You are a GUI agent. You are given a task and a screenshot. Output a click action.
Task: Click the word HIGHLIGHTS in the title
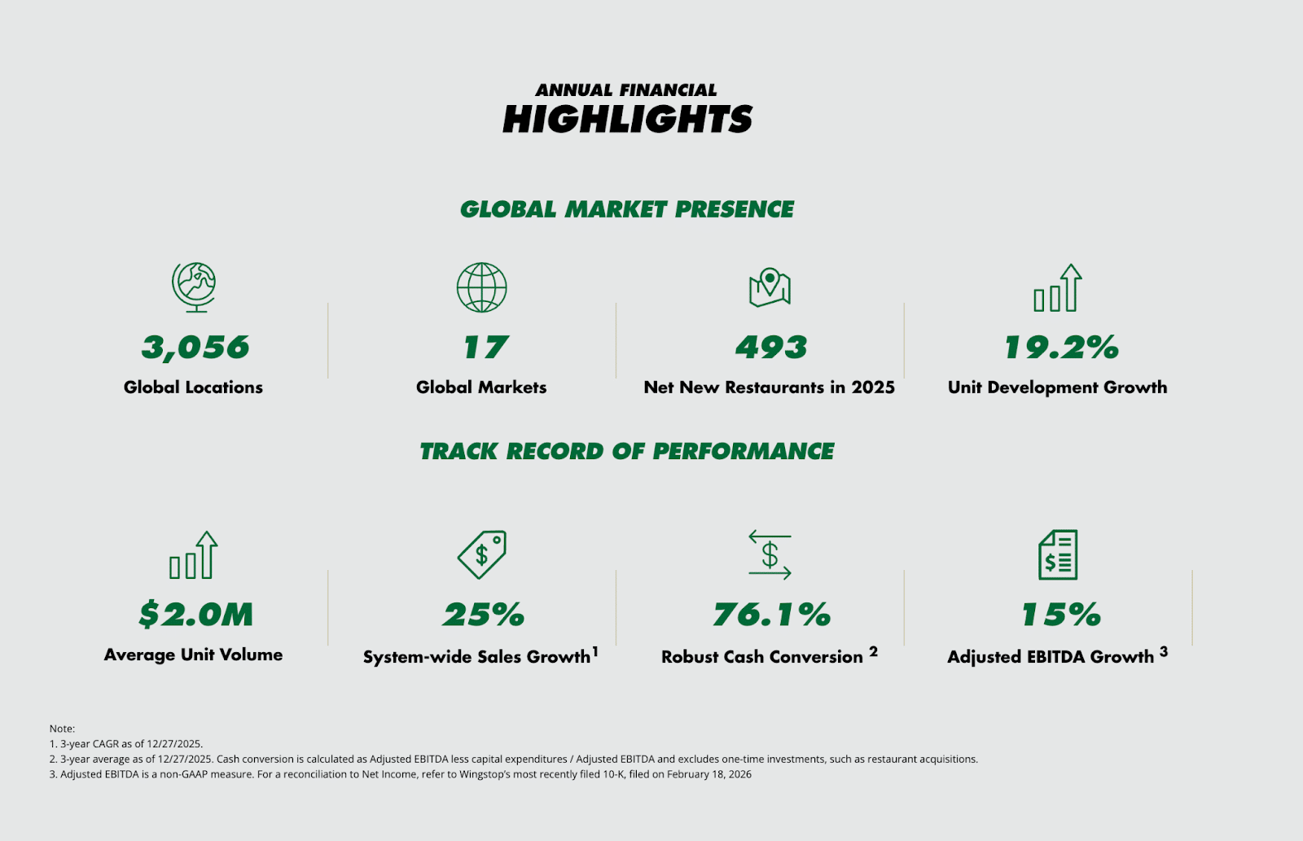pyautogui.click(x=627, y=120)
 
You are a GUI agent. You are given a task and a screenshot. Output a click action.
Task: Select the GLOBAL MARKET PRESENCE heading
pyautogui.click(x=627, y=209)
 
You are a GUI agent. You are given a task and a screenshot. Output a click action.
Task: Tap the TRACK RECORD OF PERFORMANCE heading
pyautogui.click(x=627, y=451)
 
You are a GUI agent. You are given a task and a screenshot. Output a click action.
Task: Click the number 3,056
pyautogui.click(x=195, y=348)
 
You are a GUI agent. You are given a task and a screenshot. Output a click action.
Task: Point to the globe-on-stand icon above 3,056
pyautogui.click(x=194, y=287)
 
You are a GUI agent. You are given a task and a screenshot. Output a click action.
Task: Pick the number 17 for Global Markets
pyautogui.click(x=485, y=348)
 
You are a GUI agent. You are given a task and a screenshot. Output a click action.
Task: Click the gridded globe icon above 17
pyautogui.click(x=481, y=287)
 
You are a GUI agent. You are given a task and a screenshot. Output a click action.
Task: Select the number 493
pyautogui.click(x=770, y=348)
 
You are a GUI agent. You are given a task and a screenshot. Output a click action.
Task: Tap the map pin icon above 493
pyautogui.click(x=770, y=287)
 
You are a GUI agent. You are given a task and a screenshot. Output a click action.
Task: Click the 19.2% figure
pyautogui.click(x=1061, y=348)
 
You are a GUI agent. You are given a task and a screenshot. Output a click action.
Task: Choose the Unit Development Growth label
pyautogui.click(x=1057, y=388)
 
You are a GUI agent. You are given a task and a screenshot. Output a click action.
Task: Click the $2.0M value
pyautogui.click(x=195, y=615)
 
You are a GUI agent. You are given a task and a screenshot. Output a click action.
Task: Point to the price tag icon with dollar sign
pyautogui.click(x=482, y=554)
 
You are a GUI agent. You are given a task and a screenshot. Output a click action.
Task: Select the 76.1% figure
pyautogui.click(x=771, y=615)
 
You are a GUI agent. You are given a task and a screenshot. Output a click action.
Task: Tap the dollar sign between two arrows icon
pyautogui.click(x=770, y=555)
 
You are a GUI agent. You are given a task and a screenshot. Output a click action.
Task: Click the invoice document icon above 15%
pyautogui.click(x=1058, y=554)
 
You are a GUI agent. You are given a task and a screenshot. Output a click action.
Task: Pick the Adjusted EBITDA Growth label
pyautogui.click(x=1051, y=657)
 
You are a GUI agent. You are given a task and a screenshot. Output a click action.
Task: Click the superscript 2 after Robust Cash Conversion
pyautogui.click(x=873, y=651)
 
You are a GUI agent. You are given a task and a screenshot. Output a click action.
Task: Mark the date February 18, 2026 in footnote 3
pyautogui.click(x=709, y=774)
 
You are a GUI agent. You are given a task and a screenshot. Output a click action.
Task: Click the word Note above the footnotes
pyautogui.click(x=61, y=729)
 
